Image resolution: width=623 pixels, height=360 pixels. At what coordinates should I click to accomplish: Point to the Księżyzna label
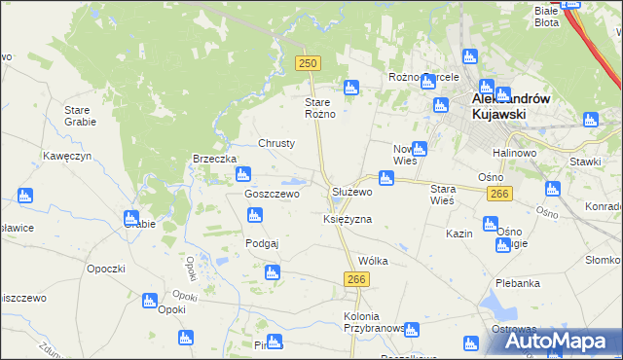[348, 220]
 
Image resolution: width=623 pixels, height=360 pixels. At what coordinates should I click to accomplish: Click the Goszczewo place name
[272, 194]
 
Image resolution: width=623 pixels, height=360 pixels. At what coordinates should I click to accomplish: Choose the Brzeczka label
[215, 159]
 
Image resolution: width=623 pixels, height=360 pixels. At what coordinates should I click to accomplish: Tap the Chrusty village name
[276, 143]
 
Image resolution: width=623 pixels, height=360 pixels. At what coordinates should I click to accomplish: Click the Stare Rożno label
[320, 108]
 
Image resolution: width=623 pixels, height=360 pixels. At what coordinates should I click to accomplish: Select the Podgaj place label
[263, 243]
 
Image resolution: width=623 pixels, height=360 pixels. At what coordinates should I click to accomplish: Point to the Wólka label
[373, 261]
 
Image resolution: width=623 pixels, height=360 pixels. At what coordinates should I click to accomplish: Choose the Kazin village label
[459, 234]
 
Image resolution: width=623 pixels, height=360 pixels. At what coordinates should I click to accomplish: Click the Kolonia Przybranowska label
[374, 323]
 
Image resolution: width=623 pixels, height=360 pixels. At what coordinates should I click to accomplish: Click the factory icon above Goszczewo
[243, 175]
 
